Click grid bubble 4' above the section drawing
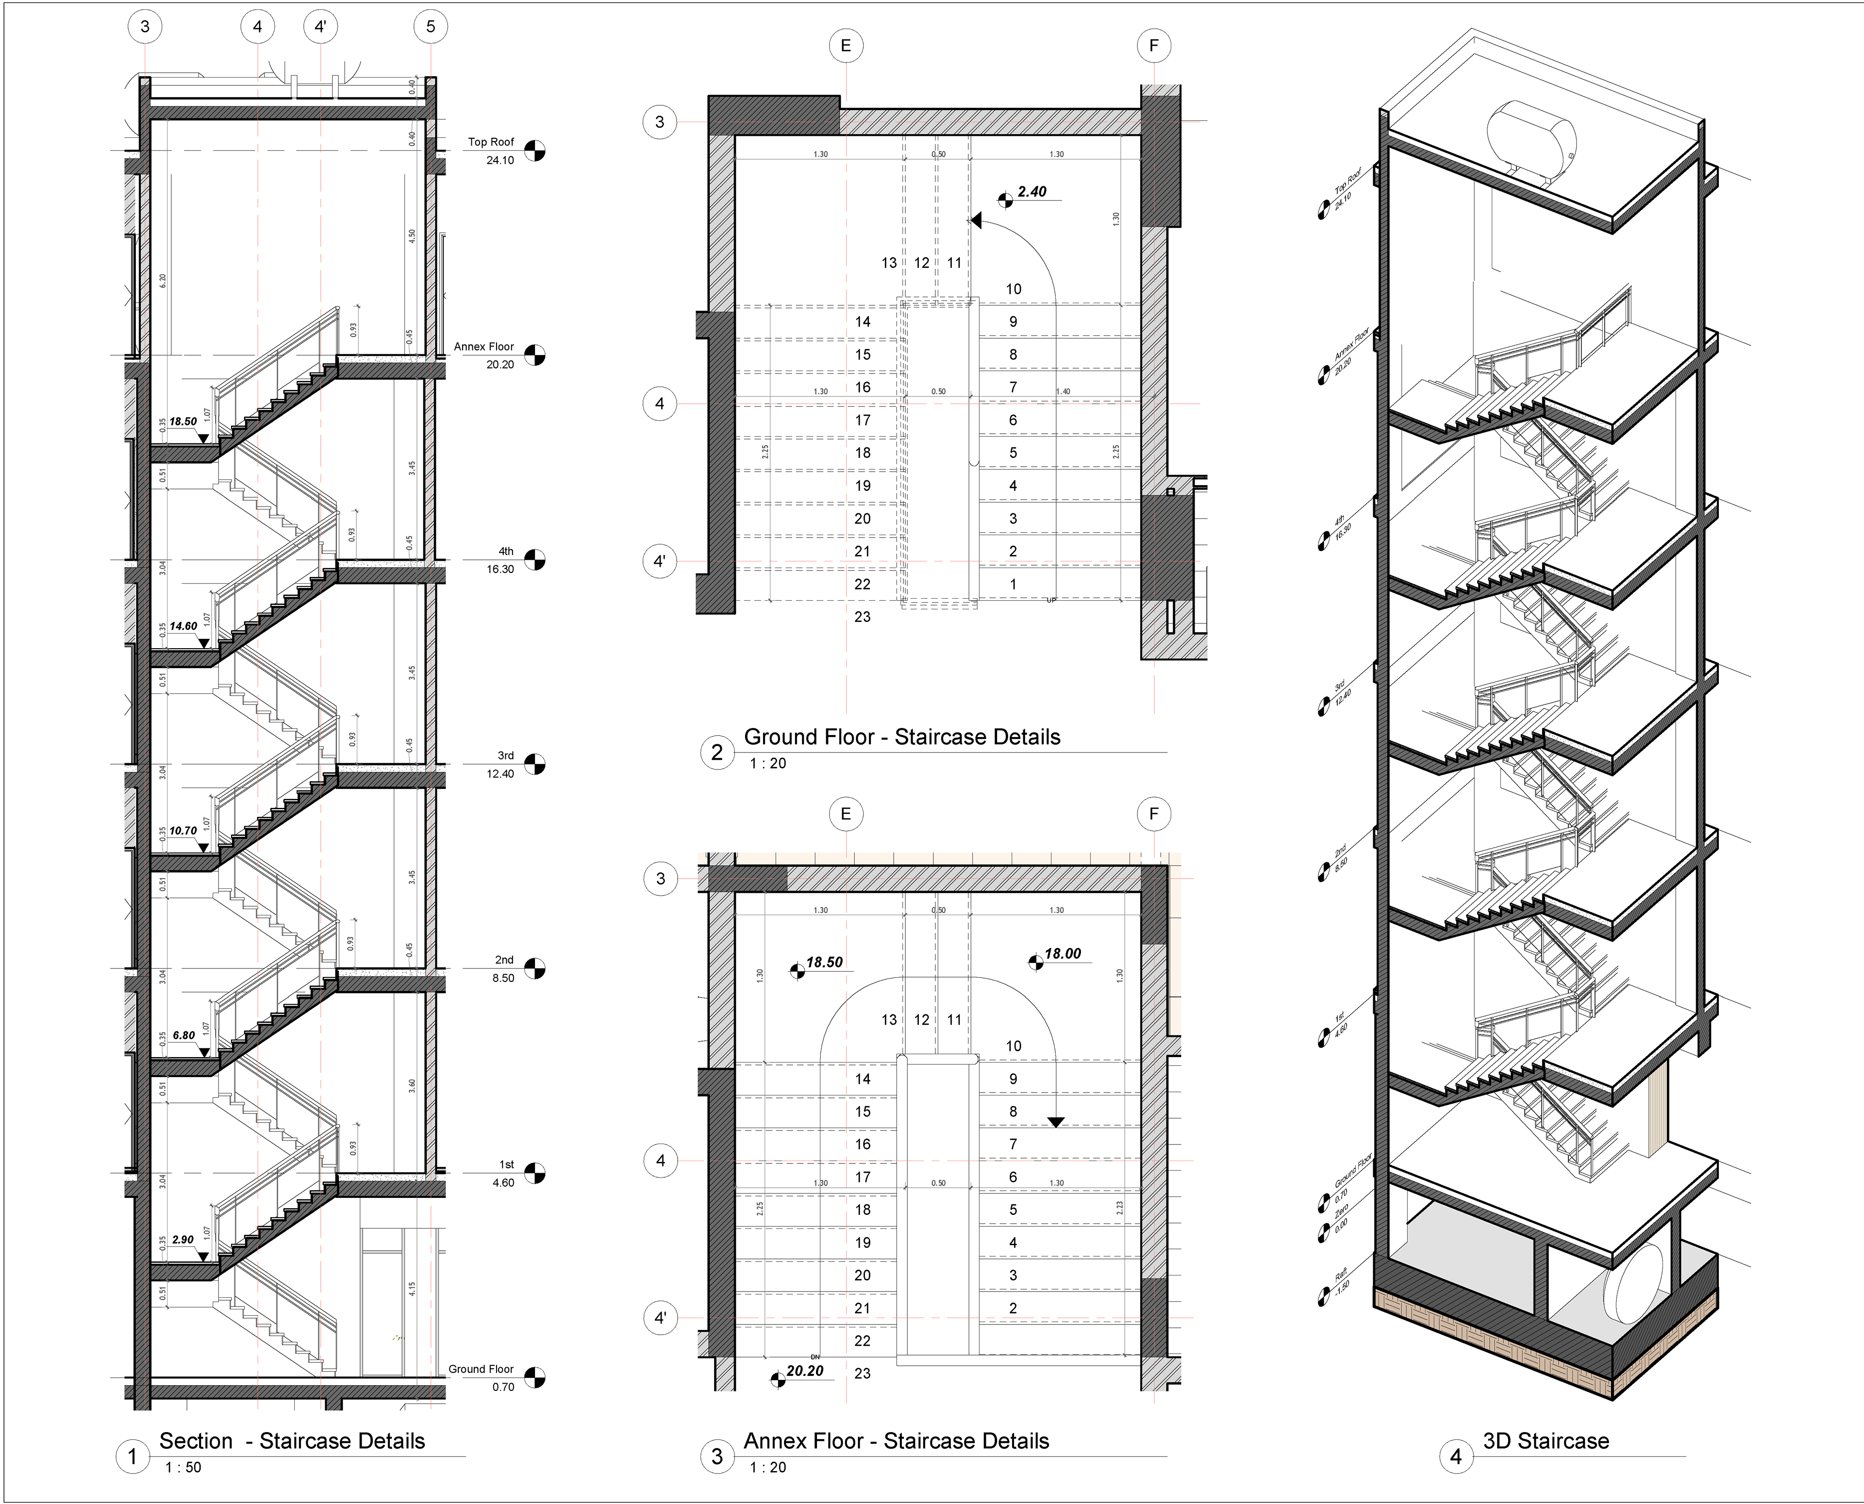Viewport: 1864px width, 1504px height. [321, 27]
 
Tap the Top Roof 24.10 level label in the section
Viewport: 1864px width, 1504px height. [491, 151]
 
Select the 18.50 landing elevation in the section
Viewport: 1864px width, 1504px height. [183, 422]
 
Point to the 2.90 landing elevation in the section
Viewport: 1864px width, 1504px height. [183, 1240]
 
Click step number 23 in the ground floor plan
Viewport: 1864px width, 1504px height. [862, 617]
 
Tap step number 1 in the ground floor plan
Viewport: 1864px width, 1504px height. [1013, 584]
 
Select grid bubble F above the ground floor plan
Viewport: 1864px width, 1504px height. [1153, 46]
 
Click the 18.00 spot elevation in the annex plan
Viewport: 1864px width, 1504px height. [1063, 954]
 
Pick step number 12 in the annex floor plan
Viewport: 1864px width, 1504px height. [921, 1020]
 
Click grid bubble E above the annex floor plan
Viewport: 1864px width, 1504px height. [846, 814]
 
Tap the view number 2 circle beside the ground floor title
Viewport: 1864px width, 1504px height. [716, 752]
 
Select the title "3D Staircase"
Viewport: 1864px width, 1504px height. [1546, 1441]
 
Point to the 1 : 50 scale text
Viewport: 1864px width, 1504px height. [183, 1467]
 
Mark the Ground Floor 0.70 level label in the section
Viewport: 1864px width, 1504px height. [482, 1377]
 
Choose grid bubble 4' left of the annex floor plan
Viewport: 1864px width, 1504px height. [660, 1319]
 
